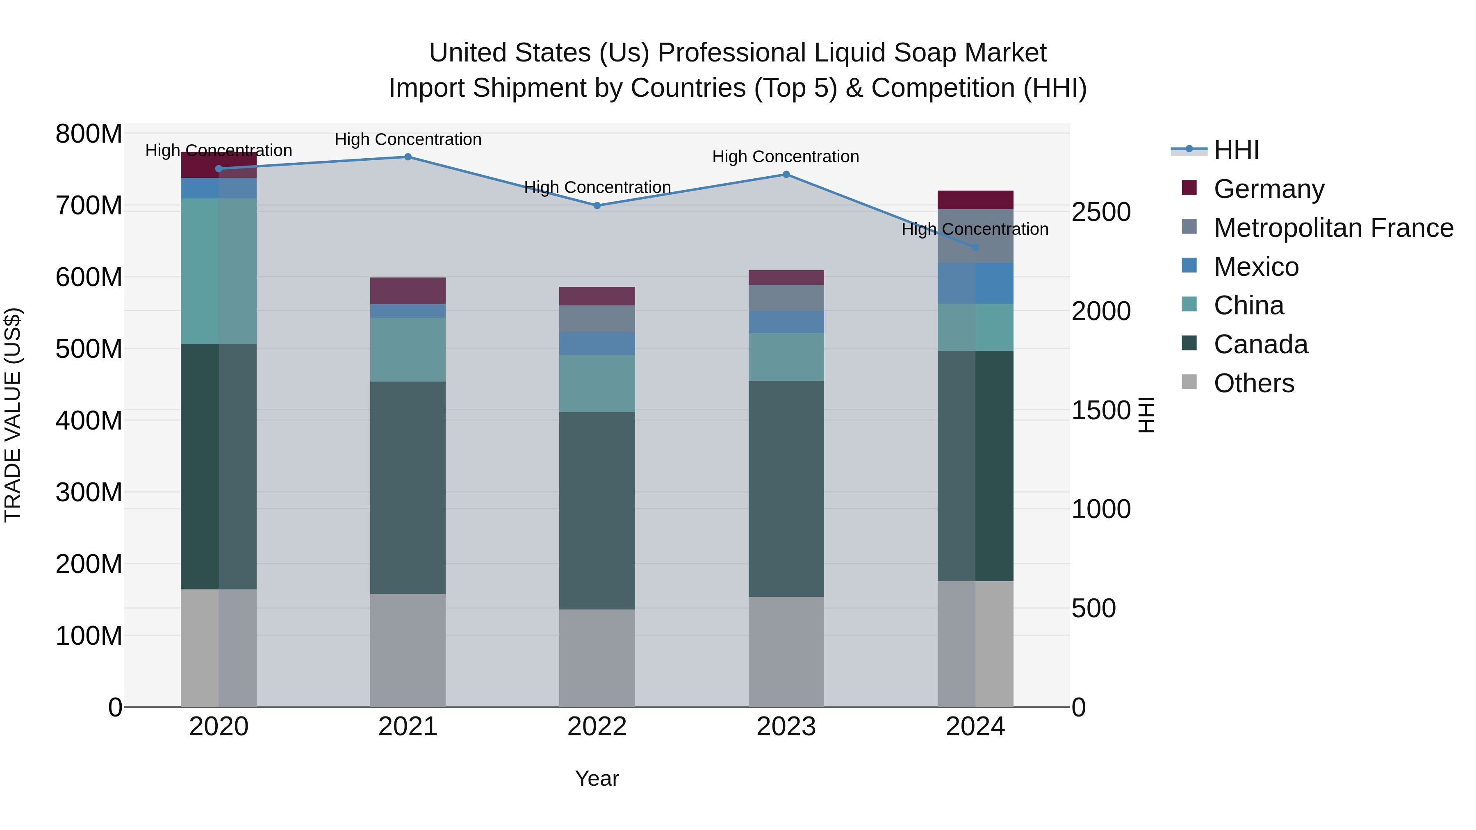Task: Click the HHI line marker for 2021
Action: pos(408,157)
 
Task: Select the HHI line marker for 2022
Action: pos(597,206)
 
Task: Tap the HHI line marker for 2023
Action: pos(786,175)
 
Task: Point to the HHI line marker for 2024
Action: pos(976,248)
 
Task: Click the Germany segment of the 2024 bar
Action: pos(975,200)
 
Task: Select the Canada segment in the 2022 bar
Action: pos(597,510)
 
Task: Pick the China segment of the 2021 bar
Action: pos(408,349)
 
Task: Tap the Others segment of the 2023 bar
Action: pos(786,652)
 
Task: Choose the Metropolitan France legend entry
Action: pos(1333,228)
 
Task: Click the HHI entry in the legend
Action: pos(1237,150)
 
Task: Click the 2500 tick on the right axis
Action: pos(1101,212)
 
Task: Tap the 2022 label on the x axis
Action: pos(597,727)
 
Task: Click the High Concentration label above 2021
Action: pos(408,139)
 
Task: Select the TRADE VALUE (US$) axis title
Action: pos(13,415)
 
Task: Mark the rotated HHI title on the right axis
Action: pos(1146,415)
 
